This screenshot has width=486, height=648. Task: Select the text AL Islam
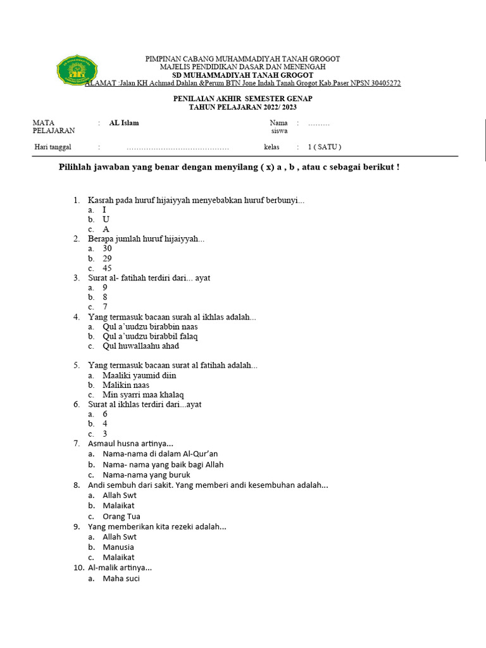(124, 123)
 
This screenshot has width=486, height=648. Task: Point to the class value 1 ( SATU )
(325, 147)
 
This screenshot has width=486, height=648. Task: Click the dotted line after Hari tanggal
(178, 148)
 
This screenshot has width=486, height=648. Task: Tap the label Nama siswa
(279, 127)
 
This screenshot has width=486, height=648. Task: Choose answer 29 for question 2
(108, 258)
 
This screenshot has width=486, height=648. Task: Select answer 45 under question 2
(108, 268)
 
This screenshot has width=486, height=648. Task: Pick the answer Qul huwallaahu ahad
(140, 346)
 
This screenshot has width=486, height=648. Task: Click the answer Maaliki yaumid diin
(139, 375)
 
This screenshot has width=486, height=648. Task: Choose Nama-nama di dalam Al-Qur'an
(160, 454)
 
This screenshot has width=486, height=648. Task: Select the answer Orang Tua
(121, 516)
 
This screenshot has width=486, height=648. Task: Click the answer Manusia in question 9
(118, 547)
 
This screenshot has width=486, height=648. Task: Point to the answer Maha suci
(121, 578)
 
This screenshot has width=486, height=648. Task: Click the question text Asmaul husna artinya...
(130, 444)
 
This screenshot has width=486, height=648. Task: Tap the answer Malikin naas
(126, 385)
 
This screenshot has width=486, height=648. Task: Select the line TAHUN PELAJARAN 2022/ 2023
(242, 108)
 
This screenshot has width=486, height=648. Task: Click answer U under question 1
(106, 219)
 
